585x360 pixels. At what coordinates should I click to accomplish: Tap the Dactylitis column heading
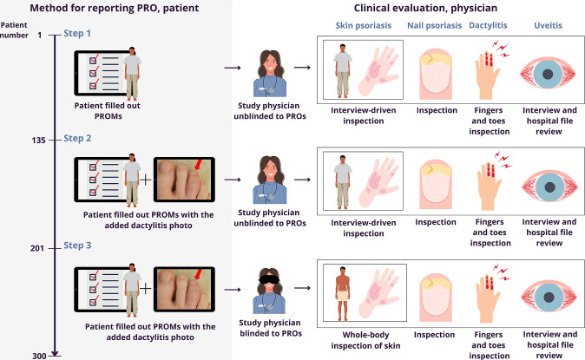click(491, 27)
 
